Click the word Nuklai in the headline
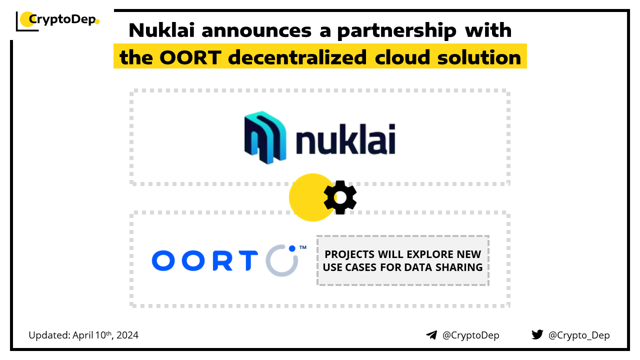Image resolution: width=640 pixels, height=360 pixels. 161,30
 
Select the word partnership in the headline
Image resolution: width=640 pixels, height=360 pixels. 396,31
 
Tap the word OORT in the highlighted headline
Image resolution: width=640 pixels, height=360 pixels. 190,57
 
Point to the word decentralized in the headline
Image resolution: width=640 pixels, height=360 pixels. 297,57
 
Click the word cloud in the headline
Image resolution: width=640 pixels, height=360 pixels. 402,57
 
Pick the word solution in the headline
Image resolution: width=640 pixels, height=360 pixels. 479,57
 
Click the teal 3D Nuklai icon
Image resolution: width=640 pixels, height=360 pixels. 265,137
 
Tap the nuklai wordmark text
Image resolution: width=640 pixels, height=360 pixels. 345,139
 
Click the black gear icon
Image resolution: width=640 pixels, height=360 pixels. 340,197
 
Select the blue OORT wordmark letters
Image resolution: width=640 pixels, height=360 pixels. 205,260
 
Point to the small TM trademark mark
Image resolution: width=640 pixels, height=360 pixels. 303,247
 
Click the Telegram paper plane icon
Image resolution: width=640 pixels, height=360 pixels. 431,335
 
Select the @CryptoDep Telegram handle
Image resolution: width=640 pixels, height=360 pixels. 470,335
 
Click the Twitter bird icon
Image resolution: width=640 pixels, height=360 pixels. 537,334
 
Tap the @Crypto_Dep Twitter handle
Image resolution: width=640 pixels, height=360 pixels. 579,335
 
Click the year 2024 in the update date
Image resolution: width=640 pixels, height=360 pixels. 127,335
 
